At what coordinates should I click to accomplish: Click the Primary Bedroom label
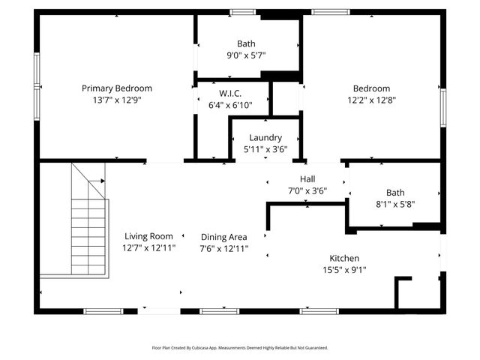[116, 88]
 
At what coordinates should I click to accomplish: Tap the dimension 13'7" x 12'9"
[116, 99]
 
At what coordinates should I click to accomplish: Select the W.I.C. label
[229, 94]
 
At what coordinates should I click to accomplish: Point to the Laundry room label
[265, 138]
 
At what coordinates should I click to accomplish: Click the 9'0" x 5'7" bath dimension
[246, 55]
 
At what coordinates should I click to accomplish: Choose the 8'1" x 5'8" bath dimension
[394, 204]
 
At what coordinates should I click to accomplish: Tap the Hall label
[307, 179]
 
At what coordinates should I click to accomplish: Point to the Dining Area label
[223, 237]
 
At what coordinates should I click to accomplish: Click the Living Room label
[148, 235]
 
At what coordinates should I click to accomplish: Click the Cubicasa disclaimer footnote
[240, 348]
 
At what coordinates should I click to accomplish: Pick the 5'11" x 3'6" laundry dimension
[265, 149]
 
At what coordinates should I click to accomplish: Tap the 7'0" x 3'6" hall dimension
[307, 190]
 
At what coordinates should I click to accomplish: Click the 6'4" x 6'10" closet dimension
[229, 105]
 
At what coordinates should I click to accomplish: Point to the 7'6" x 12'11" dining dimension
[223, 248]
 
